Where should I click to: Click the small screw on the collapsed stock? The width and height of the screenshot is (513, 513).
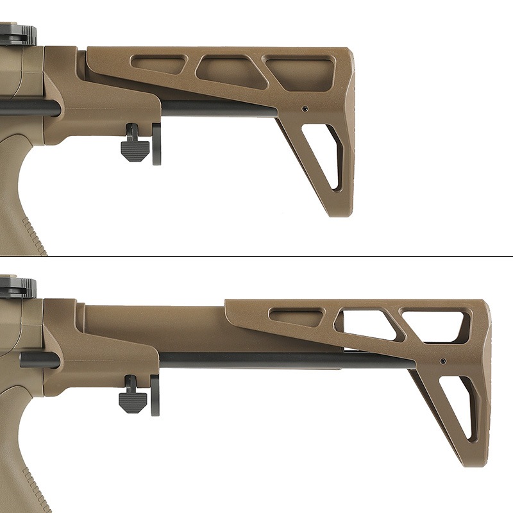click(x=305, y=108)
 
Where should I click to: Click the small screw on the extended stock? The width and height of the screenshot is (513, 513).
click(x=442, y=362)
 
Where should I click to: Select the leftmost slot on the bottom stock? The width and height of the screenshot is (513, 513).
click(x=296, y=317)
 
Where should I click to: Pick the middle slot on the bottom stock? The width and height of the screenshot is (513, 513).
click(x=364, y=321)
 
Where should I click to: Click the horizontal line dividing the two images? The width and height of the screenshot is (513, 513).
click(x=256, y=256)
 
